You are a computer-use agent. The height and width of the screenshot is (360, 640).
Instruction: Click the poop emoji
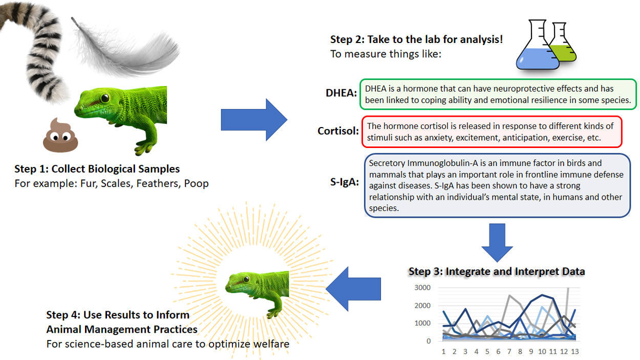[x=60, y=135]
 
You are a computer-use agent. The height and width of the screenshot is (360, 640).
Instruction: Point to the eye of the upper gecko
[x=105, y=98]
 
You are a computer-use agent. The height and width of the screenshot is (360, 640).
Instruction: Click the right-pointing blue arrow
[x=254, y=120]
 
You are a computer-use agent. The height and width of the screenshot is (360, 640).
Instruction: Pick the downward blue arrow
[x=497, y=243]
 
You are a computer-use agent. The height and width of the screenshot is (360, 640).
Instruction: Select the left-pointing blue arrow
[x=353, y=289]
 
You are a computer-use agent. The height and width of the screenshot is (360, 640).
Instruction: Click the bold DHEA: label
[x=341, y=93]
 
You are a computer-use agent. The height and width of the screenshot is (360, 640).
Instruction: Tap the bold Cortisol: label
[x=338, y=131]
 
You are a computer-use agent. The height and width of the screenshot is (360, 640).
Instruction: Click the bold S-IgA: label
[x=345, y=182]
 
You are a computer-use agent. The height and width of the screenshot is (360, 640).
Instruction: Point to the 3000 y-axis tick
[x=422, y=288]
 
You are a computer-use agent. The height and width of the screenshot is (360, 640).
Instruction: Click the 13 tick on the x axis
[x=575, y=351]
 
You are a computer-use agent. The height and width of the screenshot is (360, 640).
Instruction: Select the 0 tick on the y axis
[x=428, y=341]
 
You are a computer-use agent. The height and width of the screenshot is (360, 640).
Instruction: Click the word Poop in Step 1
[x=196, y=183]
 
